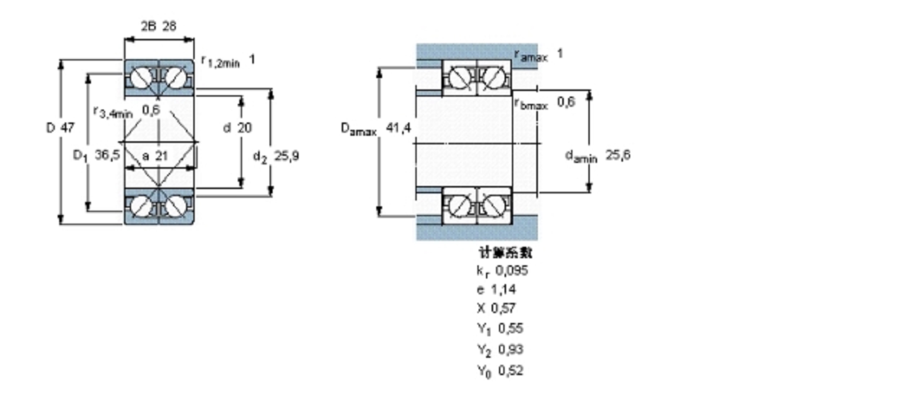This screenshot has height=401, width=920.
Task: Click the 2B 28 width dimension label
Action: (159, 26)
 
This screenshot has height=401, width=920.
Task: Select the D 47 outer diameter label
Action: (60, 127)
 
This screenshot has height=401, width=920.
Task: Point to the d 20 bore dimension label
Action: (237, 127)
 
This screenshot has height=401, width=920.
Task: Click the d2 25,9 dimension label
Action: (276, 156)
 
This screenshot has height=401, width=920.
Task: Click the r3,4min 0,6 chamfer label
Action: (126, 111)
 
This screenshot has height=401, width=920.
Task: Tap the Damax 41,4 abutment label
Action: (376, 129)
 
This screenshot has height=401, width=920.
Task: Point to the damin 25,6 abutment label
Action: (597, 156)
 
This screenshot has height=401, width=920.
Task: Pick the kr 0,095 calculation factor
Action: (502, 271)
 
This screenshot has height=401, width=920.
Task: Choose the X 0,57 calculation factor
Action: (496, 308)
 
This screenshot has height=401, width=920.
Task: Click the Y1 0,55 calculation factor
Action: (500, 329)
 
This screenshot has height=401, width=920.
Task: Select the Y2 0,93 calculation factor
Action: (500, 349)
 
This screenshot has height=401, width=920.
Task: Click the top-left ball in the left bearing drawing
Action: (140, 77)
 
